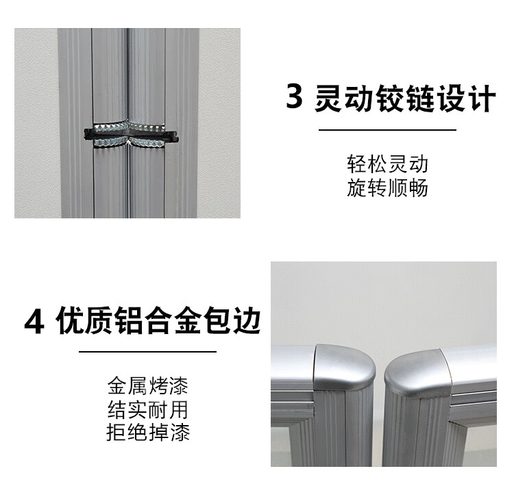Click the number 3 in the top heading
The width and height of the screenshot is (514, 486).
(x=294, y=97)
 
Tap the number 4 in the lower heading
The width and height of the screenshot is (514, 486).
(x=35, y=322)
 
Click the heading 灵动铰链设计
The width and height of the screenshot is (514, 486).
(x=404, y=99)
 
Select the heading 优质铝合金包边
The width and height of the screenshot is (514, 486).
(x=158, y=320)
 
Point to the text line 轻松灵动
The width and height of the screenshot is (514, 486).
(x=387, y=164)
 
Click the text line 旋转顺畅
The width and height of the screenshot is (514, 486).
(x=387, y=188)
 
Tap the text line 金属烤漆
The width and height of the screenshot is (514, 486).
(x=148, y=385)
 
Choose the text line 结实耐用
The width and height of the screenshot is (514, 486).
(x=148, y=409)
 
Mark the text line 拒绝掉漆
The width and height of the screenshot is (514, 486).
(x=148, y=433)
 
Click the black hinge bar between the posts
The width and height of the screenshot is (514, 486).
(x=131, y=135)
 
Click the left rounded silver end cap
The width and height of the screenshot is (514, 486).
(x=344, y=367)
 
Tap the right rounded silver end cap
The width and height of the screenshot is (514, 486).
(x=418, y=373)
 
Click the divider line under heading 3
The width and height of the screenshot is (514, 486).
(x=387, y=129)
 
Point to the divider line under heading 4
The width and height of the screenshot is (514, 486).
(x=148, y=352)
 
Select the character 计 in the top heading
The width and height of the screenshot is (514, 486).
(x=482, y=99)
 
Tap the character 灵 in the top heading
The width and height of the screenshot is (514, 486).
(x=328, y=99)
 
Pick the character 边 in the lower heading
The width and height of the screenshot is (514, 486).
(x=247, y=320)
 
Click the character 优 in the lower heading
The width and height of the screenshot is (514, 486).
(x=70, y=320)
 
